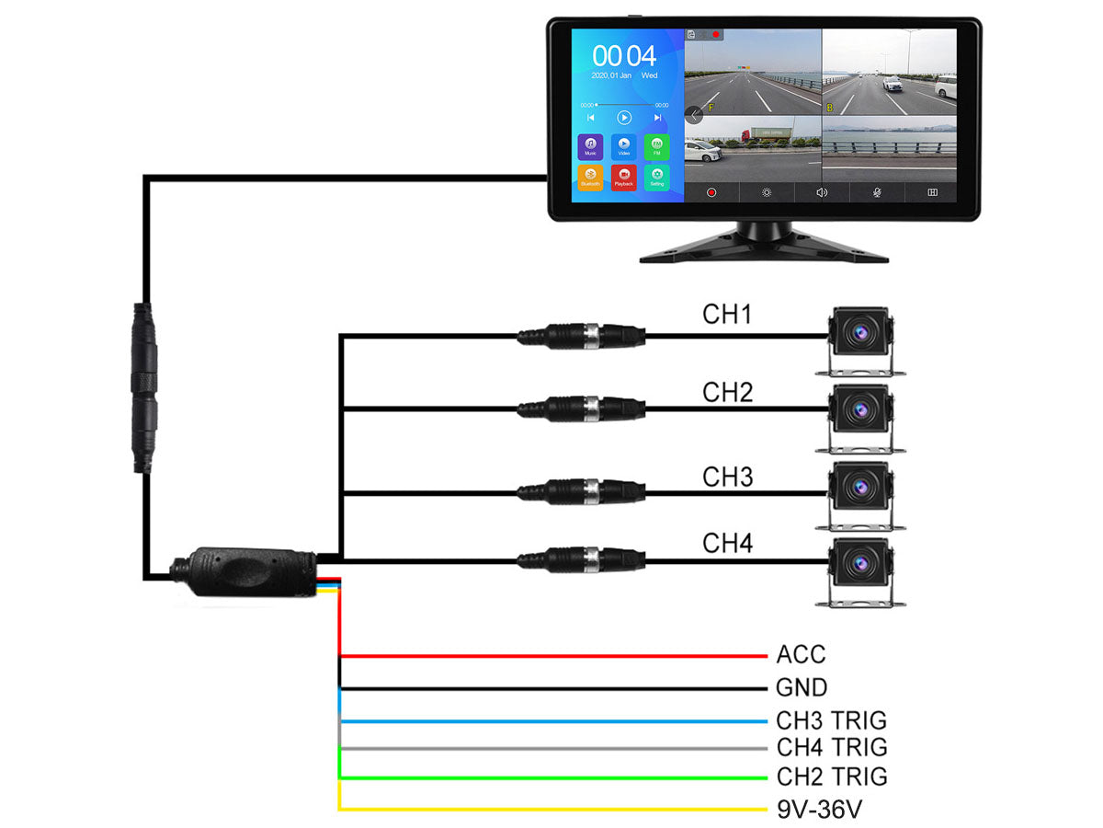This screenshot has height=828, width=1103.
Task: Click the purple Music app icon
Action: (x=590, y=145)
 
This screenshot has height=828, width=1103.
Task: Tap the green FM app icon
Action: (x=655, y=145)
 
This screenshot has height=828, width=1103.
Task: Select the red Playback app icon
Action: (x=623, y=177)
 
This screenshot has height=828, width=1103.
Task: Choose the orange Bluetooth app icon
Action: (x=590, y=177)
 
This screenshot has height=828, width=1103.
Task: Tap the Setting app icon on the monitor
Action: (x=655, y=177)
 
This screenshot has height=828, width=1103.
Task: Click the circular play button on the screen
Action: (x=624, y=118)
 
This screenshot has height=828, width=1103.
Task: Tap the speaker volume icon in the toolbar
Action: (x=822, y=192)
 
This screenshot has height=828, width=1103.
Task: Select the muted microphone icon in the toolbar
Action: (x=877, y=192)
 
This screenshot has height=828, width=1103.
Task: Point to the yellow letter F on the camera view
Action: (x=710, y=108)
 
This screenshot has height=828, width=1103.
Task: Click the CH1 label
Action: (x=727, y=315)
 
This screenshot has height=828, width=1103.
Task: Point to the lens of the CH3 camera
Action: (x=861, y=485)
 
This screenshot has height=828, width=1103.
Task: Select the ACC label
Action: (x=801, y=655)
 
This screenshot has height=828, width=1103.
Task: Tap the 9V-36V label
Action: (x=820, y=811)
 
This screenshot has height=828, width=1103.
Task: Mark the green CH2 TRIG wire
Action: (x=551, y=778)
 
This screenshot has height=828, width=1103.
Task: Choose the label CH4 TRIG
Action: (x=831, y=747)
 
